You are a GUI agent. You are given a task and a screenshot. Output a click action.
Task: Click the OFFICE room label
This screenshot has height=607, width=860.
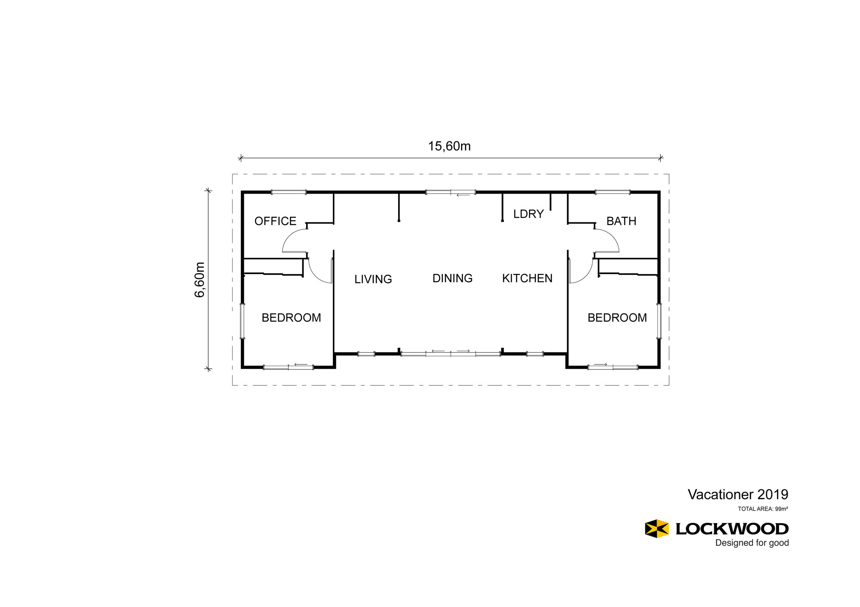pos(275,221)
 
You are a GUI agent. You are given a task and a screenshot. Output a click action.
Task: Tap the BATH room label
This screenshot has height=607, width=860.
pos(621,221)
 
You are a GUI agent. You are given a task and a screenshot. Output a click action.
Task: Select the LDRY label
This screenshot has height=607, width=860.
pos(528,214)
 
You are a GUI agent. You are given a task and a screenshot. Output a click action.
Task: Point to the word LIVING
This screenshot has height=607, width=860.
pos(373,279)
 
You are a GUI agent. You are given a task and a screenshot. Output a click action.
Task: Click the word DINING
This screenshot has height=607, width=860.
pos(452,278)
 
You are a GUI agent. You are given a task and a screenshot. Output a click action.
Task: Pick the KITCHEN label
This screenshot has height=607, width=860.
pos(527,278)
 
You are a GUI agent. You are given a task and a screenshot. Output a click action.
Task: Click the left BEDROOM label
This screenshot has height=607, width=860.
pos(291,317)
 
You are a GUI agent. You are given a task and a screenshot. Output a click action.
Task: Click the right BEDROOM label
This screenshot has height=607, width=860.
pos(617,317)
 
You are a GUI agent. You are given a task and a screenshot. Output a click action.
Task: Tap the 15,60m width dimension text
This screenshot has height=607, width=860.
pos(449,146)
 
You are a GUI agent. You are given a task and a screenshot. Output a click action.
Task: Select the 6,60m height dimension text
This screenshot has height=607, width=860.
pos(200,280)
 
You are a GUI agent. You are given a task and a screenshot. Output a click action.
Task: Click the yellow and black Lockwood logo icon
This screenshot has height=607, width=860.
pos(657,529)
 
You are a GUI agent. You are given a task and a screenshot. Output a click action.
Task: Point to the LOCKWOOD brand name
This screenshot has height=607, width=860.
pos(732,529)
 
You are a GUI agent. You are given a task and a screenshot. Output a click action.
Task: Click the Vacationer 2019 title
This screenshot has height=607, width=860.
pos(738,495)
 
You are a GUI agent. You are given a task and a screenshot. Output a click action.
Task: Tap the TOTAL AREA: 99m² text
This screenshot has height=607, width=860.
pos(763,509)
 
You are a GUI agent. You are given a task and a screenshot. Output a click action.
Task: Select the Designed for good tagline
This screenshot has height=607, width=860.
pos(752,543)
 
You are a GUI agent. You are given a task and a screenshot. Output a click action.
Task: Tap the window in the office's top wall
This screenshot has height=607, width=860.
pos(289,192)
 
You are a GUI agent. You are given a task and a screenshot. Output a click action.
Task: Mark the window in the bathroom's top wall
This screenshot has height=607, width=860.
pos(612,192)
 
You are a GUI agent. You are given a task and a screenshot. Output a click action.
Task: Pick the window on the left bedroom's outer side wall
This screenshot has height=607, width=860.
pos(243,321)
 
